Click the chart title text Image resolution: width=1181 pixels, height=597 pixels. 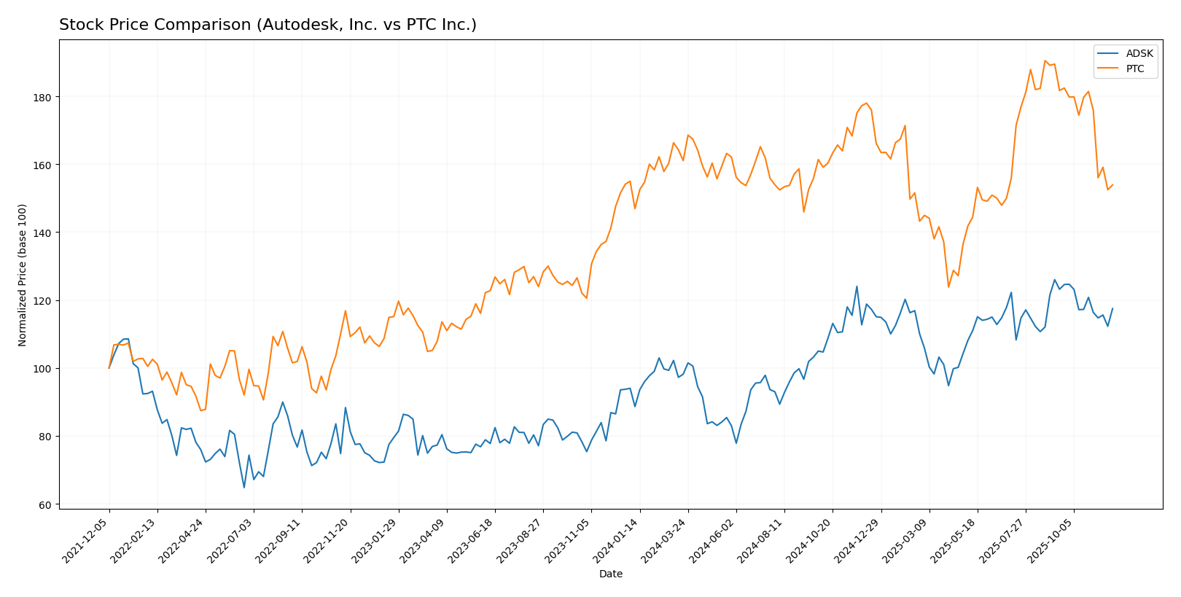click(x=268, y=26)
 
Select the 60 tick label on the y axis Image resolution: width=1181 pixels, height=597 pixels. click(x=44, y=504)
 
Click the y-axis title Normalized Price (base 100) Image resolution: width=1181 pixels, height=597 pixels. click(x=23, y=276)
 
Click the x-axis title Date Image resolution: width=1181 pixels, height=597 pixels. click(x=610, y=574)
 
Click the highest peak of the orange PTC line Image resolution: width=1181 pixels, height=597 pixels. click(x=1045, y=61)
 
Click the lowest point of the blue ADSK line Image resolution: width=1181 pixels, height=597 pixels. click(x=244, y=487)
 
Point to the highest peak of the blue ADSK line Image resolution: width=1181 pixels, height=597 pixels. click(x=1054, y=280)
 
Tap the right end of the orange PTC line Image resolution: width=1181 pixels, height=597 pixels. click(x=1112, y=185)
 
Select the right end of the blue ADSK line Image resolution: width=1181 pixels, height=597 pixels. click(x=1112, y=308)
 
